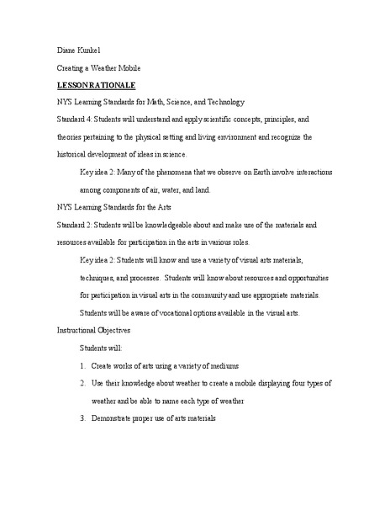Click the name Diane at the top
pos(66,50)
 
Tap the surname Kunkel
pos(92,50)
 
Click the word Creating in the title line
pos(70,68)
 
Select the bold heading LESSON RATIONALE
pos(96,85)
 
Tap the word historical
pos(72,154)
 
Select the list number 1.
pos(83,365)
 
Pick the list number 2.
pos(83,383)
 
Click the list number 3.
pos(83,418)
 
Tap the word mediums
pos(222,365)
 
